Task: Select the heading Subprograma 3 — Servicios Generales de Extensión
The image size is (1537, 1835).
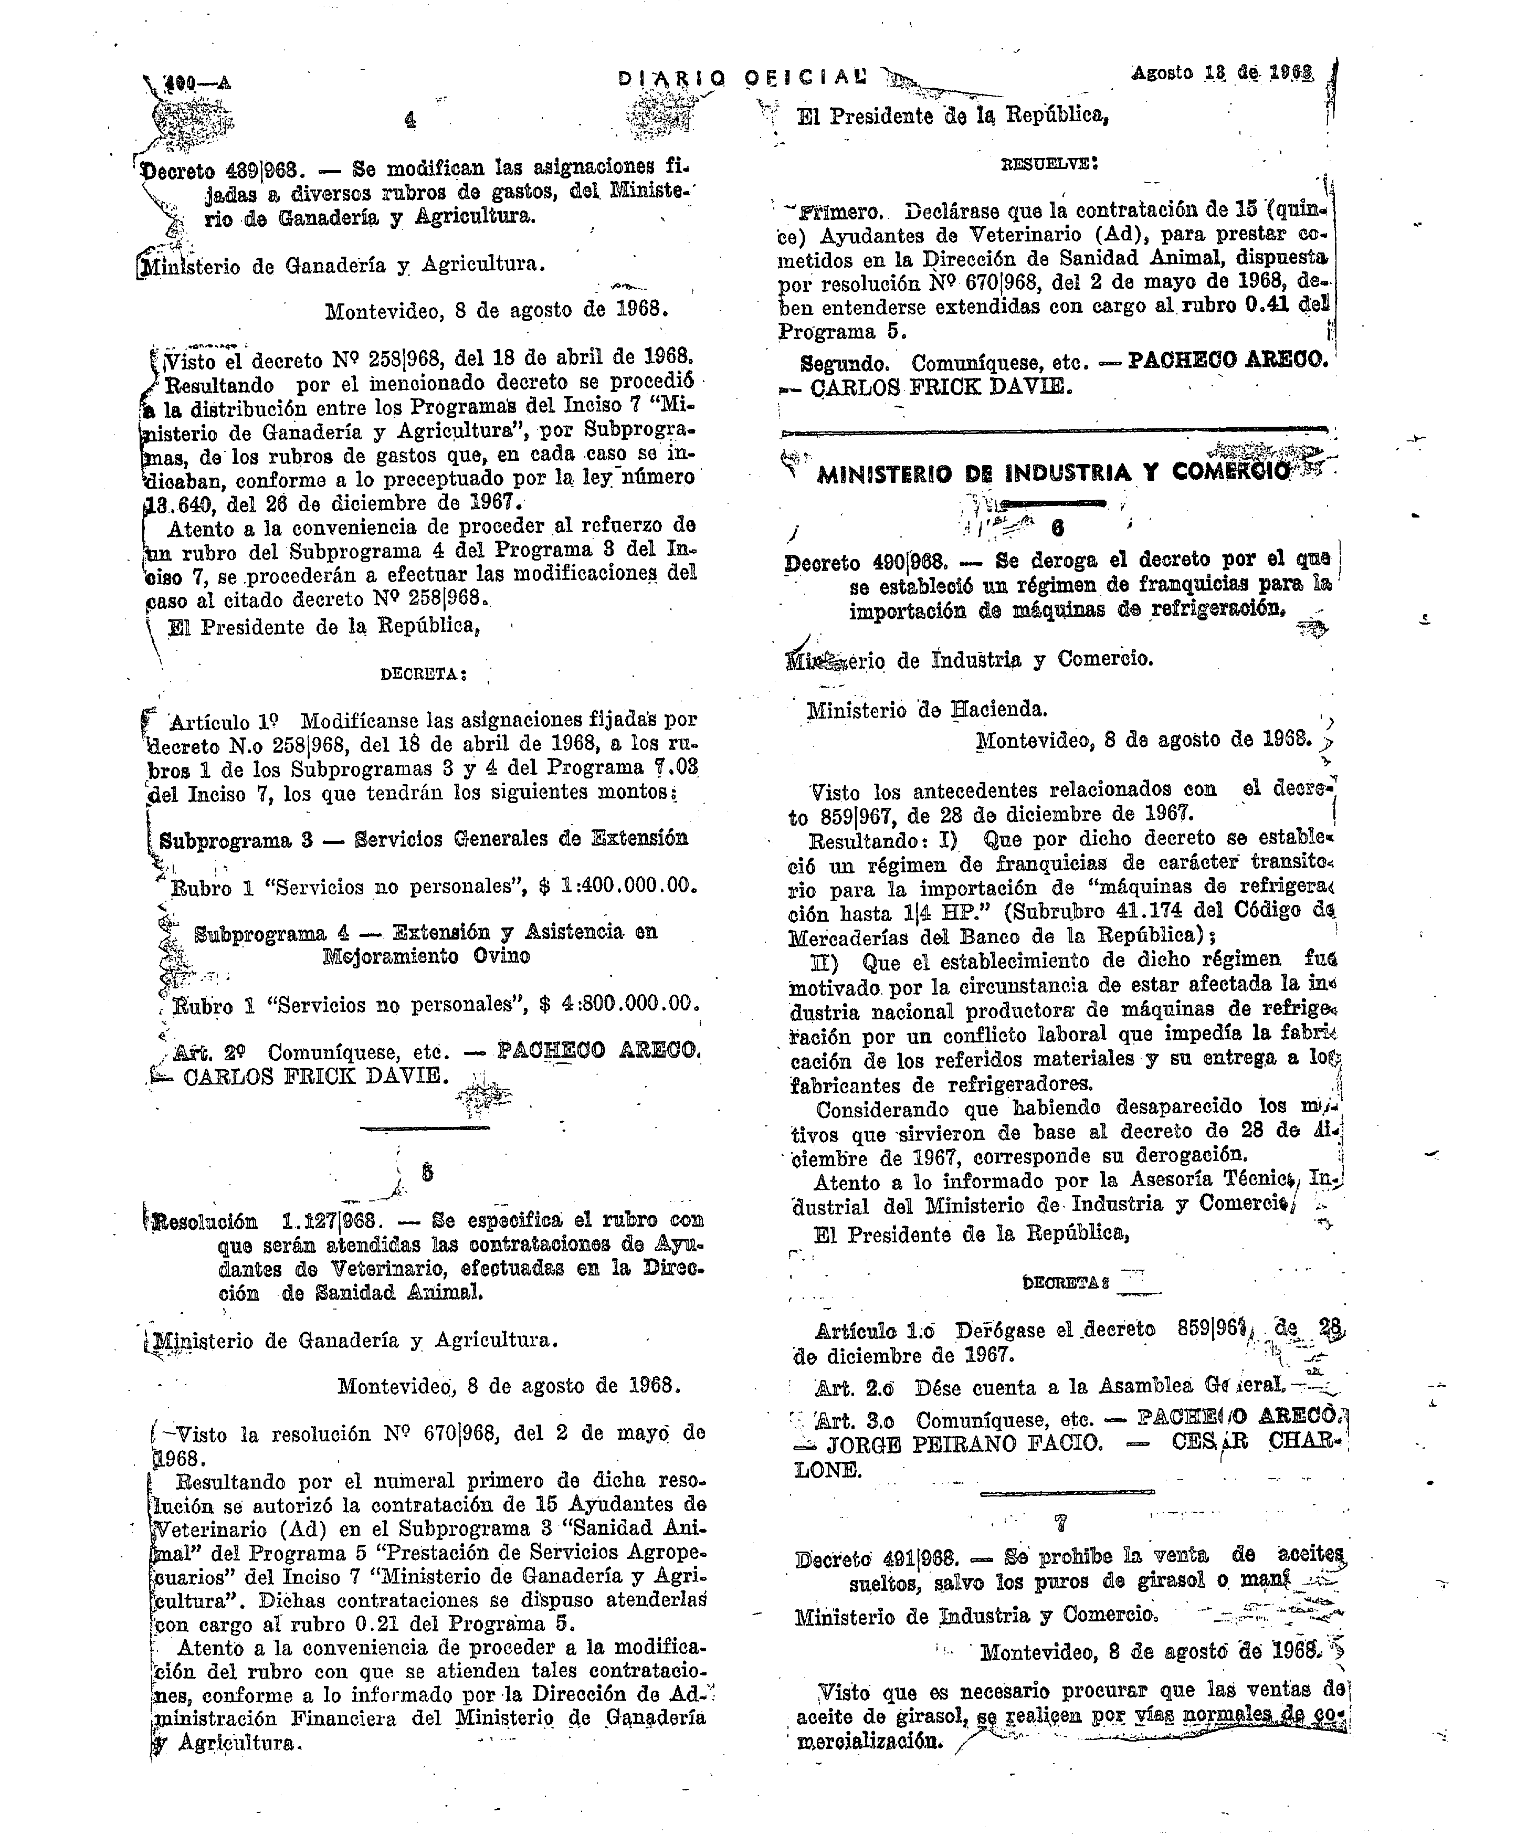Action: pos(424,839)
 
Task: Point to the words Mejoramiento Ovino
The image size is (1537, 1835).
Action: pos(426,955)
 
